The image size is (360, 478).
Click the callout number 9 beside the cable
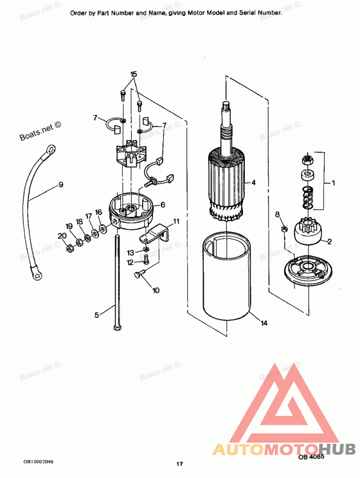coord(60,184)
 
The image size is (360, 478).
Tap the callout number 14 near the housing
coord(264,323)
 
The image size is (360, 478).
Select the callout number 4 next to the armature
coord(253,183)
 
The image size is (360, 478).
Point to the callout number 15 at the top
coord(134,74)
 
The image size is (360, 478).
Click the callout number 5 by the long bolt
coord(97,315)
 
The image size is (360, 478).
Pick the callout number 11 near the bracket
coord(176,221)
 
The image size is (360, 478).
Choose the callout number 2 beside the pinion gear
coord(329,242)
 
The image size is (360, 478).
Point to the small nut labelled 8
coord(283,229)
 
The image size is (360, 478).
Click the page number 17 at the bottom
coord(180,464)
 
